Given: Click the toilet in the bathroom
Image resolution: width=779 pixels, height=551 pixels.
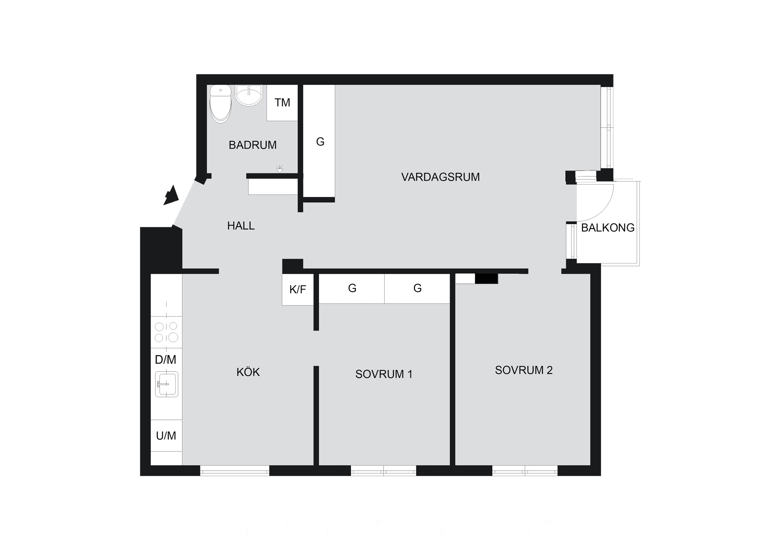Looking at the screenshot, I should click(220, 104).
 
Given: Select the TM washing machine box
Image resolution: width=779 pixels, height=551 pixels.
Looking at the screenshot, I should click(282, 103).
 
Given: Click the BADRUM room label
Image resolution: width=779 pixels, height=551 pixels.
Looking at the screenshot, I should click(252, 145).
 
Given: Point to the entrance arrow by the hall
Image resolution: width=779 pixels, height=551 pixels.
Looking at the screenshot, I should click(171, 196).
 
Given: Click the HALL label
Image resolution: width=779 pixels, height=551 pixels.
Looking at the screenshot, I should click(241, 226).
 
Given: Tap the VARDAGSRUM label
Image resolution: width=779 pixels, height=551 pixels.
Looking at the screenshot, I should click(440, 177).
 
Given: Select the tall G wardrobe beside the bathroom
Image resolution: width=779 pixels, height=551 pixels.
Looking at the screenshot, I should click(320, 142).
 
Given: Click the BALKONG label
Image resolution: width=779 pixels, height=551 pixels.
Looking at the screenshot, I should click(607, 228).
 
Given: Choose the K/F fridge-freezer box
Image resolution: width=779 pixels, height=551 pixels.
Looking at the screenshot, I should click(298, 290).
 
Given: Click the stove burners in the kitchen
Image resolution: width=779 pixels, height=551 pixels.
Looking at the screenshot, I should click(166, 332).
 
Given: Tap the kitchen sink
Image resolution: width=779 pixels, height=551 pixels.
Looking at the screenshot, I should click(166, 384).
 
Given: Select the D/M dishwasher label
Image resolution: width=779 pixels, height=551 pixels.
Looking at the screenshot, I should click(166, 360).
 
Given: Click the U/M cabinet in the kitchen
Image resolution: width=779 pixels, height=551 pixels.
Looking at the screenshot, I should click(166, 436).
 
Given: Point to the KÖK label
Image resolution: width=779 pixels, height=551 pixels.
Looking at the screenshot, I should click(248, 372).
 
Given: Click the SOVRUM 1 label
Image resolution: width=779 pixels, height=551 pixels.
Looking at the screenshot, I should click(383, 374).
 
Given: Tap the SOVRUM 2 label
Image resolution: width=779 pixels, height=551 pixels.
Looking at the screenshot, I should click(523, 370).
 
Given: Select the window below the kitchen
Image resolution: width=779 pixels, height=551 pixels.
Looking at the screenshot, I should click(235, 470).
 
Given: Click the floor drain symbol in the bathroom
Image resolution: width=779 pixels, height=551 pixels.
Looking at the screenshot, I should click(280, 169).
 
